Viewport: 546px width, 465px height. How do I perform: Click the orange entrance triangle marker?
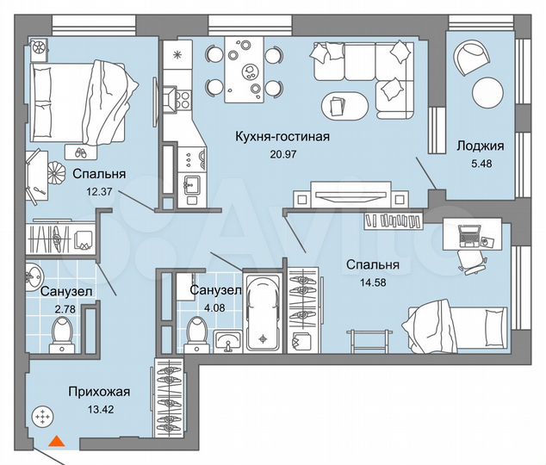pos(56,442)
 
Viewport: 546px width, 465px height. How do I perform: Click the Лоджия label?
pos(480,146)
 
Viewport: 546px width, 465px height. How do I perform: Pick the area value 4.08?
pos(207,308)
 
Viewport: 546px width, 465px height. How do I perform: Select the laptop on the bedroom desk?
pos(471,233)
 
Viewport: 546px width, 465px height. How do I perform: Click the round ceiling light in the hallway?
pos(40,418)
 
